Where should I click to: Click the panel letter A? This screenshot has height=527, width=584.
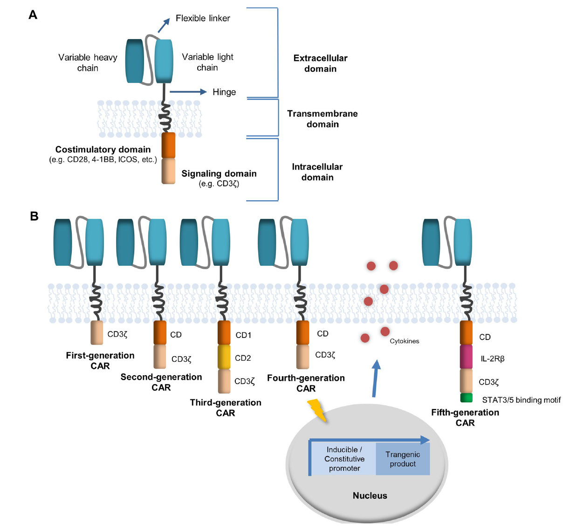click(33, 15)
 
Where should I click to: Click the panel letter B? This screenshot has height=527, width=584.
click(34, 216)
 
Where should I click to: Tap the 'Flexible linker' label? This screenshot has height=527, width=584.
click(203, 18)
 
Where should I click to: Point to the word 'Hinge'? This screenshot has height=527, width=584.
click(224, 92)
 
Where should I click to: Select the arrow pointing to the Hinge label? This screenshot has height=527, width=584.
click(188, 92)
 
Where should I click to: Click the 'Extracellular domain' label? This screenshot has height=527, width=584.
click(320, 63)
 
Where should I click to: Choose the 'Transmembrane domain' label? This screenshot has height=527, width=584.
click(323, 119)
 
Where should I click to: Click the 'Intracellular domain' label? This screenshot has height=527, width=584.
click(317, 172)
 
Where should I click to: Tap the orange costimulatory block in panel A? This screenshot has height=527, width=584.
click(168, 145)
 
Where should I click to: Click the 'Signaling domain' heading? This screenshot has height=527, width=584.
click(219, 174)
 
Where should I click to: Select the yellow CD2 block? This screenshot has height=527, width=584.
click(224, 357)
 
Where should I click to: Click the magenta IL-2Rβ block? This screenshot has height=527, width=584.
click(466, 357)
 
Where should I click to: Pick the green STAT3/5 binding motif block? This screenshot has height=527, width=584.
click(466, 398)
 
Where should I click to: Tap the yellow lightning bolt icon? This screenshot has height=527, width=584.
click(317, 410)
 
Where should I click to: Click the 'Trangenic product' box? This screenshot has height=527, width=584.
click(403, 459)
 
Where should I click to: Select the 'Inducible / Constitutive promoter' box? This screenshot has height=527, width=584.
click(344, 459)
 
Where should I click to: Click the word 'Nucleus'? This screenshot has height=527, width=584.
click(370, 496)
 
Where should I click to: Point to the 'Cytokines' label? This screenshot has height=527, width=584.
click(404, 341)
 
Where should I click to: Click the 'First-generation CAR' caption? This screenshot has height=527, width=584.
click(100, 360)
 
